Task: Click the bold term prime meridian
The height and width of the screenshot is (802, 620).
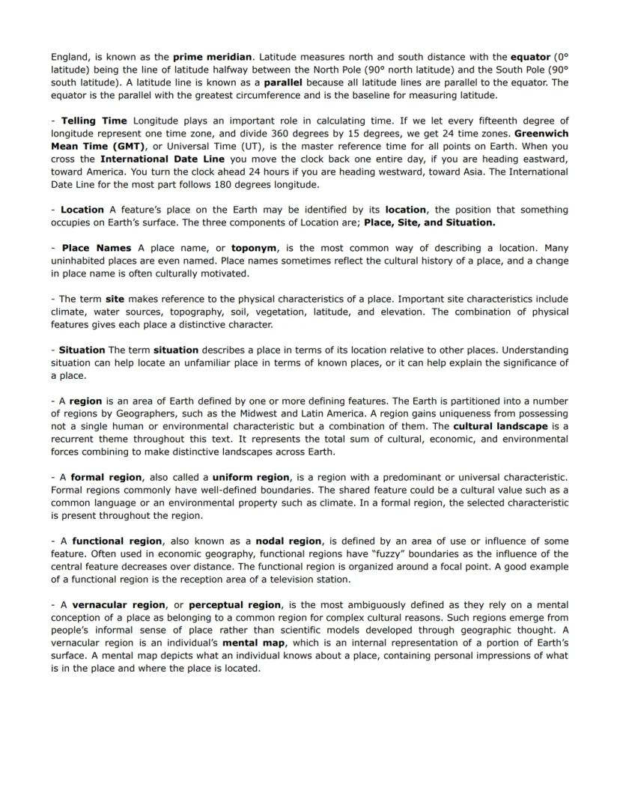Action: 213,56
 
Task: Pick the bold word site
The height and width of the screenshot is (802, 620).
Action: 115,299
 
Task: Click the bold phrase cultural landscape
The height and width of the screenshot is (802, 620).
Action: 500,426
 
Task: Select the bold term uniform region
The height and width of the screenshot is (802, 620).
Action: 251,477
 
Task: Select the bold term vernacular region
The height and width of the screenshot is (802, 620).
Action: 118,604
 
